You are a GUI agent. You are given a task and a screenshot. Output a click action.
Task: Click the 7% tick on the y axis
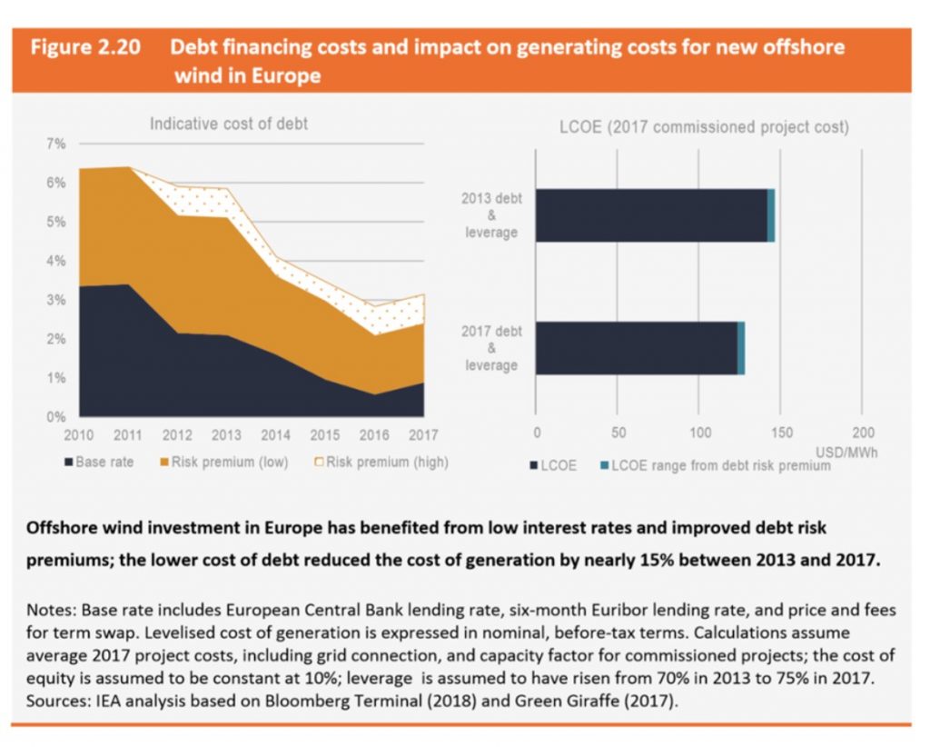(55, 144)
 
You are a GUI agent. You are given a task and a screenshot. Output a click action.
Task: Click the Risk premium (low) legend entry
(223, 463)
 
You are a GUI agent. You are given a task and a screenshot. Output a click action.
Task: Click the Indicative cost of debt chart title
(228, 124)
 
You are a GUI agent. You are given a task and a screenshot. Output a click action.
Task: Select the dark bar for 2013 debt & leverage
(651, 215)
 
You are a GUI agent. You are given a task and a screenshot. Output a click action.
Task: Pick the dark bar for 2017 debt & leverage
(637, 348)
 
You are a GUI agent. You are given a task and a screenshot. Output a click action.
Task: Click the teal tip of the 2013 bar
(771, 215)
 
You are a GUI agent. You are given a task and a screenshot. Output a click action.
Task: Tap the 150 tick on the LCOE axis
(781, 433)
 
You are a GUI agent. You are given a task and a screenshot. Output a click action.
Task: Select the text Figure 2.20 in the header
(85, 48)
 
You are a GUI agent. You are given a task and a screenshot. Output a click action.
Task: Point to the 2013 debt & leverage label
(491, 215)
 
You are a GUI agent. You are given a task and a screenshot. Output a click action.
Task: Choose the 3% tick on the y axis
(55, 300)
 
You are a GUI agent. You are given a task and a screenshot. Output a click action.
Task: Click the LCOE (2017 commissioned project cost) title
(704, 127)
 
